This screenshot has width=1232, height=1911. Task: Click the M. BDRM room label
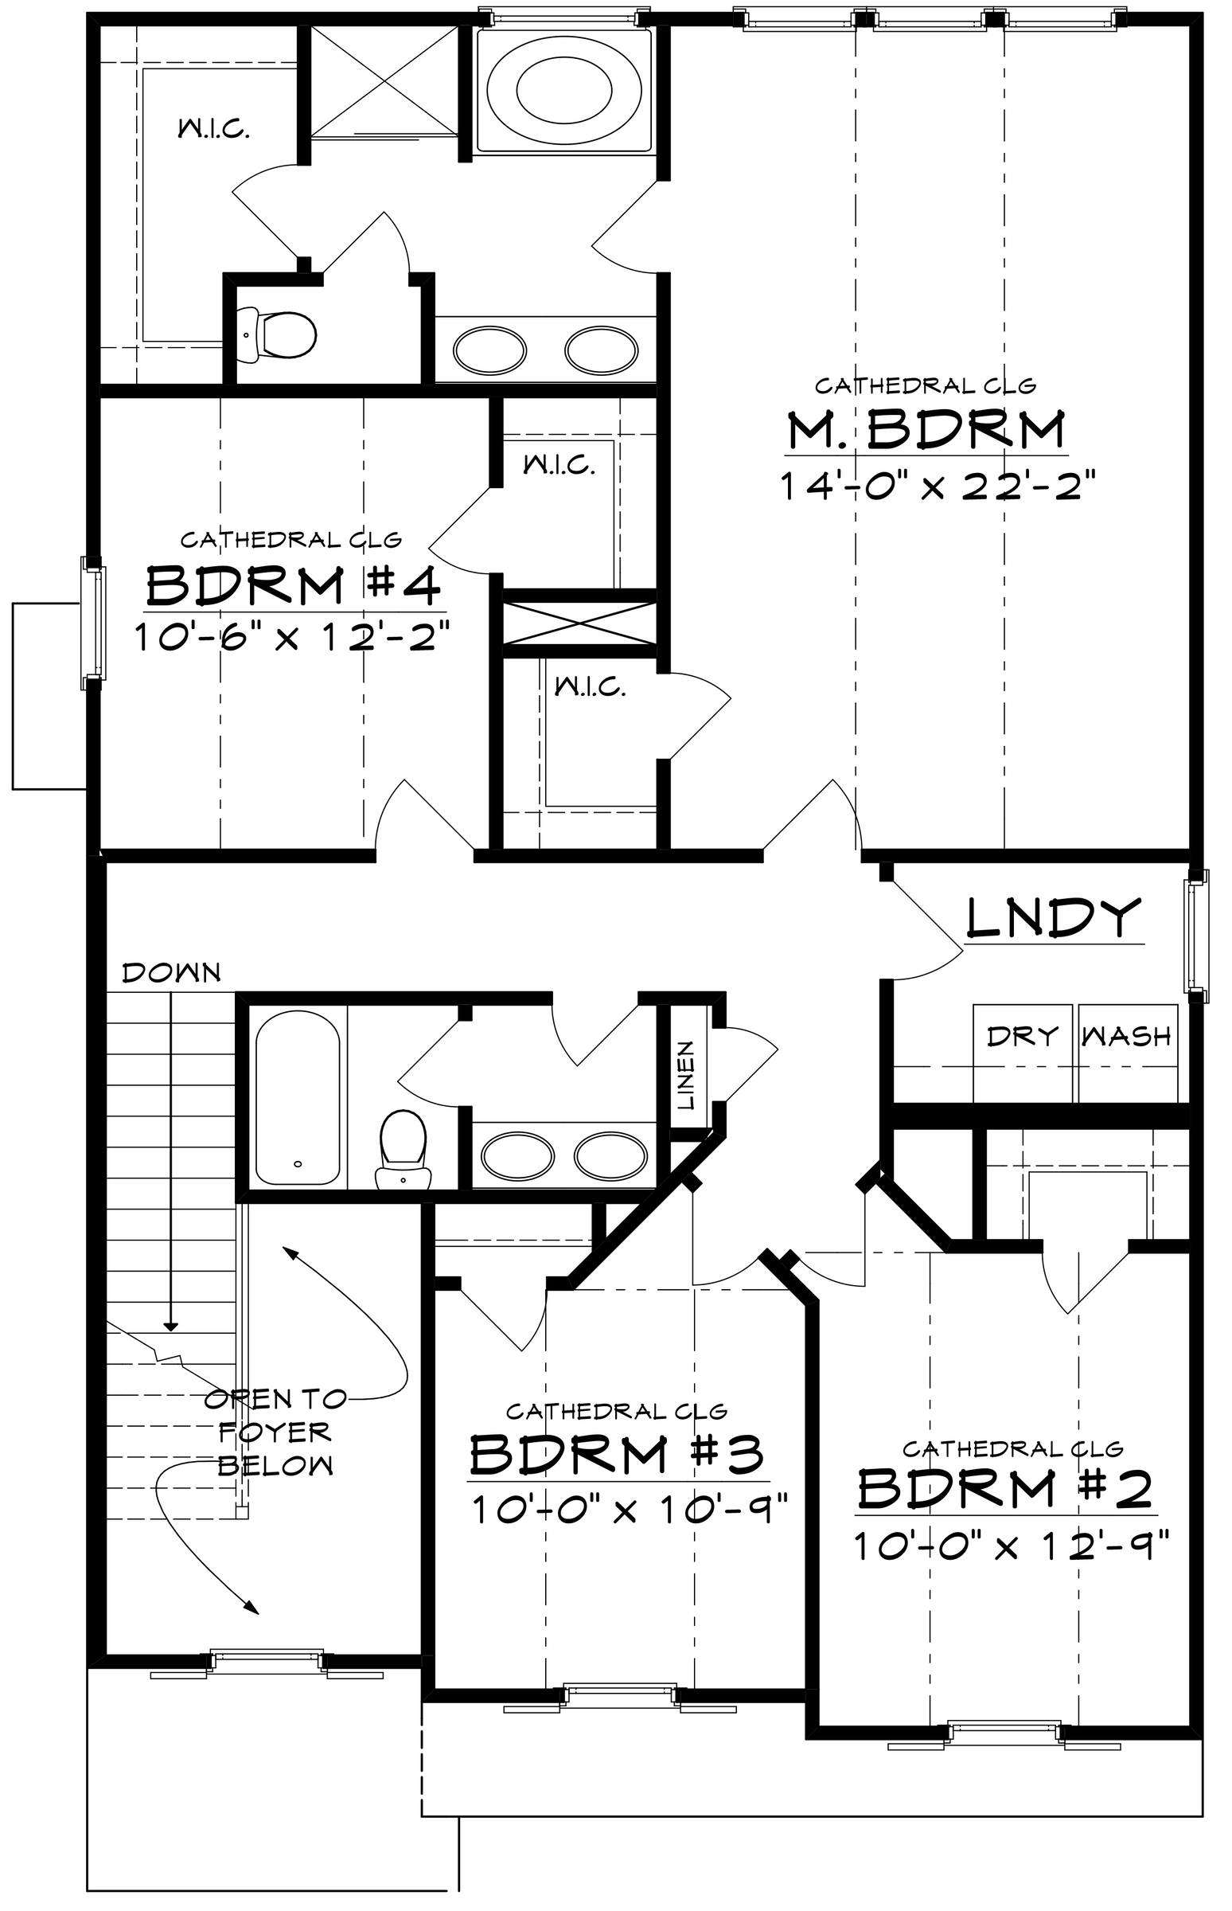pyautogui.click(x=926, y=430)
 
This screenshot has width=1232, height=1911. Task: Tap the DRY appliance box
pyautogui.click(x=1023, y=1053)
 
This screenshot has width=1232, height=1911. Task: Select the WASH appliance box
pyautogui.click(x=1128, y=1053)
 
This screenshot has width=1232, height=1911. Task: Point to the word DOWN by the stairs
pyautogui.click(x=171, y=973)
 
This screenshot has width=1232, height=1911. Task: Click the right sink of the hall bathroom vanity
pyautogui.click(x=611, y=1155)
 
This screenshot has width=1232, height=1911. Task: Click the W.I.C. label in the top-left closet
pyautogui.click(x=212, y=128)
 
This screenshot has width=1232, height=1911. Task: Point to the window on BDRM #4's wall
pyautogui.click(x=94, y=623)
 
